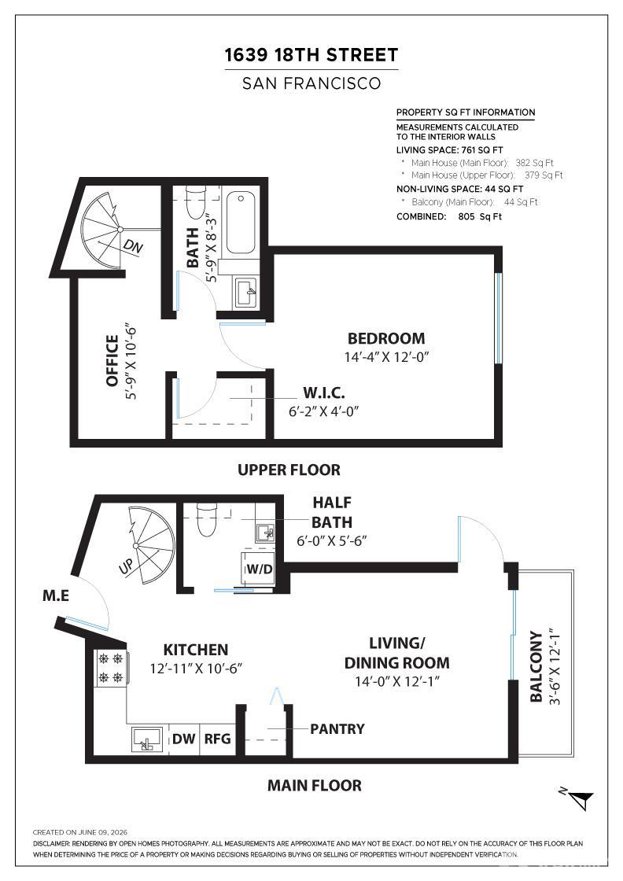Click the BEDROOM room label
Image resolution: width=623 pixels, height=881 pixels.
(x=386, y=338)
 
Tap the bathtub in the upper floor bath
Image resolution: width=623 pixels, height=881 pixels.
(x=241, y=223)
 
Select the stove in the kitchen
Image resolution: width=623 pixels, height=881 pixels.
(x=111, y=668)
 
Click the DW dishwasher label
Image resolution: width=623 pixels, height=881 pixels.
(x=184, y=739)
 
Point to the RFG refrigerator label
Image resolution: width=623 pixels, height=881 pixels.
(x=217, y=739)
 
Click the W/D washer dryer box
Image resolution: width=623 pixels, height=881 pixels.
(x=258, y=569)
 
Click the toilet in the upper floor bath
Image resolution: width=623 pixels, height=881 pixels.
(x=196, y=201)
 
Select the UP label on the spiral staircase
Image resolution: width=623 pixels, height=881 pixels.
(x=127, y=566)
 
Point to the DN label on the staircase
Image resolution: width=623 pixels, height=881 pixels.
(x=133, y=246)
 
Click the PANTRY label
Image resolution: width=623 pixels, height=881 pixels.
(x=337, y=728)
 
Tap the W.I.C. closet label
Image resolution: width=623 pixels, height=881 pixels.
(x=324, y=393)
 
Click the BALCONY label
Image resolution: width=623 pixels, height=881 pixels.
(x=536, y=666)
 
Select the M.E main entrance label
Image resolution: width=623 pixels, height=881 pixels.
(x=56, y=595)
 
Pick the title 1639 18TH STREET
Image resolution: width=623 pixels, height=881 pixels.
(x=311, y=55)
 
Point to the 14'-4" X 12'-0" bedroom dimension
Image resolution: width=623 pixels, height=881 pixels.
(x=386, y=357)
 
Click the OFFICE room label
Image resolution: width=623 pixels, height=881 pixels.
(x=112, y=361)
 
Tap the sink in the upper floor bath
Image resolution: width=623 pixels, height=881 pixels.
(x=245, y=292)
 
